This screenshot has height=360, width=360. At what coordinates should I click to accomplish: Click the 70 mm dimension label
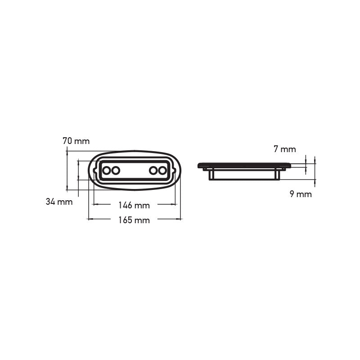point(76,141)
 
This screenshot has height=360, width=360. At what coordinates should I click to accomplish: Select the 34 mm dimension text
point(59,202)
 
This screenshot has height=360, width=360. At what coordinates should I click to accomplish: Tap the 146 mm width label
point(134,205)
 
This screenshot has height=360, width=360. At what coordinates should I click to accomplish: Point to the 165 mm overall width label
point(134,220)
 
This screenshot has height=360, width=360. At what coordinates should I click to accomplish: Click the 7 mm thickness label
point(285,149)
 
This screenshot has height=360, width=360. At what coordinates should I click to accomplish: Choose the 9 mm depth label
point(301,194)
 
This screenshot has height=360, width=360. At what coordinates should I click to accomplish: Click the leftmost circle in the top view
point(107,171)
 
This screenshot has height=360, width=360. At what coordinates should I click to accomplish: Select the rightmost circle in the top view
point(162,171)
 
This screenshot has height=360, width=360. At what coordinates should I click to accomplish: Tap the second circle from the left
point(116,171)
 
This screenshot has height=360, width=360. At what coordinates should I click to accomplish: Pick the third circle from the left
point(153,171)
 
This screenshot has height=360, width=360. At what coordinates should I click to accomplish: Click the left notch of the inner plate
point(94,171)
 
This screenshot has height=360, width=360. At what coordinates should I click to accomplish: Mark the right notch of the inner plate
point(174,171)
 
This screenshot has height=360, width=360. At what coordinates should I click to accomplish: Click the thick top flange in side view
point(244,166)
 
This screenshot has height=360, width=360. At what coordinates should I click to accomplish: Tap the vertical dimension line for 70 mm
point(67,171)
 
